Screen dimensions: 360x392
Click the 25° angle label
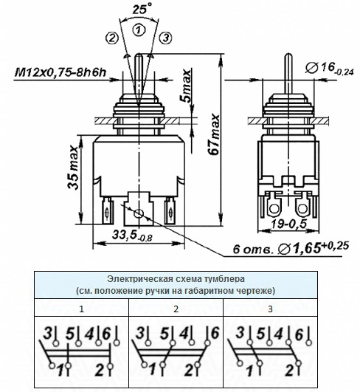coord(142,9)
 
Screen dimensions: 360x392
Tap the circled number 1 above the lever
coord(139,30)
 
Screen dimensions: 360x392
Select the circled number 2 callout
coord(111,38)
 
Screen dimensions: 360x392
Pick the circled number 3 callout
coord(166,38)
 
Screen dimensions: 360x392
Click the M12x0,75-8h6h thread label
coord(60,72)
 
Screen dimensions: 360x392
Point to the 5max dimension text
coord(186,86)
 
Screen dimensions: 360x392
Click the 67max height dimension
coord(215,134)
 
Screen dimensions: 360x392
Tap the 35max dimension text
coord(74,167)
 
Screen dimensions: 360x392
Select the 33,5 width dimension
coord(132,235)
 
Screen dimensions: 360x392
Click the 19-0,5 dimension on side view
coord(288,224)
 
